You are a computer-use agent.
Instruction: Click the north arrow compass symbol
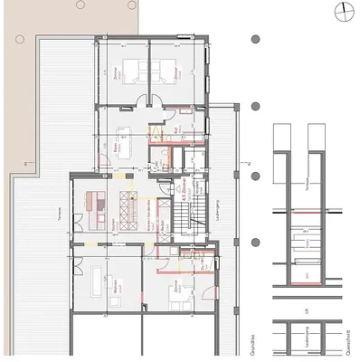tap(344, 10)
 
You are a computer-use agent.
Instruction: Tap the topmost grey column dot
tap(256, 40)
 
